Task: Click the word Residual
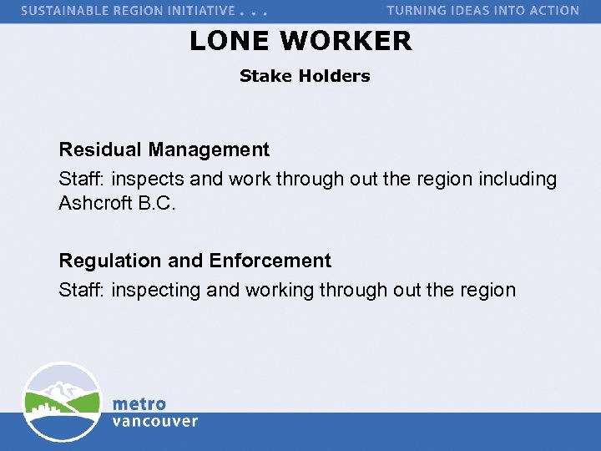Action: point(100,149)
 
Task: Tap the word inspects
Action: point(149,179)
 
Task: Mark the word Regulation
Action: point(110,261)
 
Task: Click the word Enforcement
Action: point(270,261)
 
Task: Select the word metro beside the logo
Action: point(139,404)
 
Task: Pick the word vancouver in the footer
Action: point(155,421)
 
